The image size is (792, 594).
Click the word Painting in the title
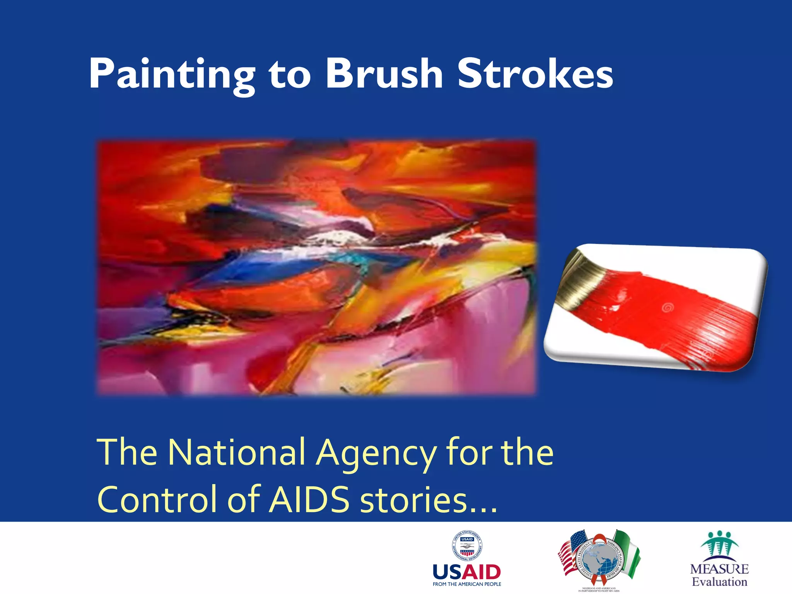tap(172, 74)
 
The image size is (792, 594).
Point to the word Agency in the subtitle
tap(375, 453)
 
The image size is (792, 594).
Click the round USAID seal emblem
tap(467, 546)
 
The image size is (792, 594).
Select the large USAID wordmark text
tap(467, 572)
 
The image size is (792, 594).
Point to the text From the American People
tap(467, 584)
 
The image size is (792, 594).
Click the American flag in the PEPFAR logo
tap(572, 551)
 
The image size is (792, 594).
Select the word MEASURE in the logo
tap(719, 569)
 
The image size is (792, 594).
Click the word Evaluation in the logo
tap(719, 582)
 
